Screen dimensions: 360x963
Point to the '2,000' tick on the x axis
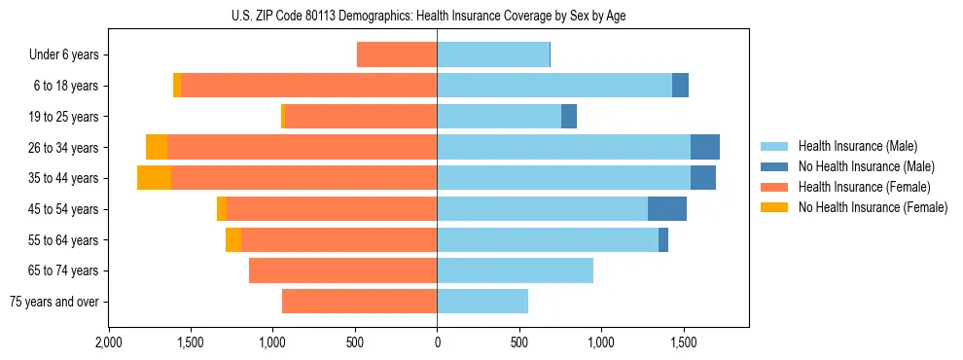[x=108, y=342]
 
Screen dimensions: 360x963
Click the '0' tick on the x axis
[x=437, y=342]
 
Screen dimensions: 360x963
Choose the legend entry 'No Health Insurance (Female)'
[x=873, y=207]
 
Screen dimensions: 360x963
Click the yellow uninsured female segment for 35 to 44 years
[x=154, y=178]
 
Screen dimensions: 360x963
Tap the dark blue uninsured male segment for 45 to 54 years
[x=667, y=209]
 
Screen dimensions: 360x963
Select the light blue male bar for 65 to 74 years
[x=515, y=270]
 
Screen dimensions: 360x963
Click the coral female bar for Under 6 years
[x=397, y=54]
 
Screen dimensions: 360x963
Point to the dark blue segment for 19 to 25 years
[x=569, y=117]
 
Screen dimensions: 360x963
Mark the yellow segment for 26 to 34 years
[x=157, y=147]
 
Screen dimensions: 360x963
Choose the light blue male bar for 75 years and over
[x=482, y=302]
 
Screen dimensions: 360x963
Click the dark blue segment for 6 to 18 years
[x=680, y=86]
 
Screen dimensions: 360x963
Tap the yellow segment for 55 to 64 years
[x=233, y=240]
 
